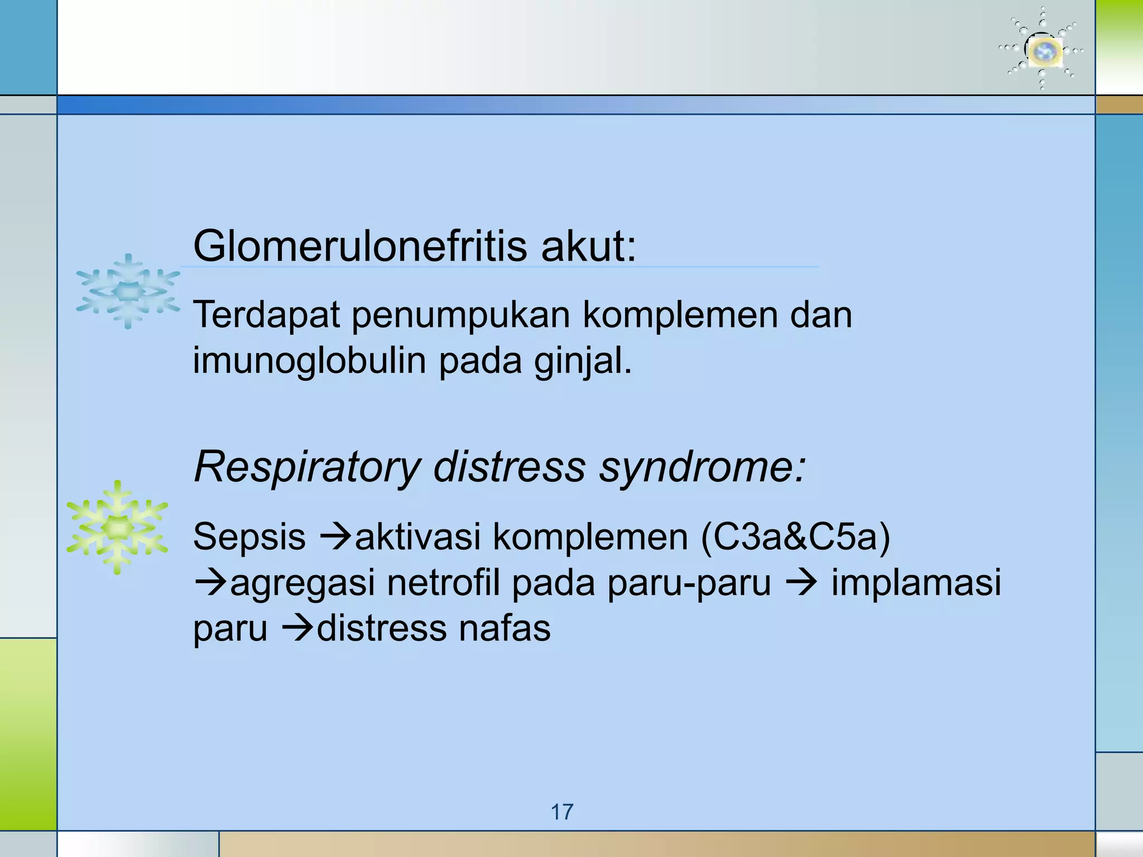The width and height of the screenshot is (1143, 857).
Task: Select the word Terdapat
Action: coord(266,315)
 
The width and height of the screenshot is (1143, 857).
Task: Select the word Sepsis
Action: coord(249,538)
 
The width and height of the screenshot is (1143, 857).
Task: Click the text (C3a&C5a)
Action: coord(795,537)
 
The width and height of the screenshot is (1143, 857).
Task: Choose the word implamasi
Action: coord(916,583)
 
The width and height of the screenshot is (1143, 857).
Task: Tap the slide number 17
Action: coord(562,812)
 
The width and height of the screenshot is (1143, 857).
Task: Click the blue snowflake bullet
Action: coord(128,291)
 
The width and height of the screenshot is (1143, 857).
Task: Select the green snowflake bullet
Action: coord(117,527)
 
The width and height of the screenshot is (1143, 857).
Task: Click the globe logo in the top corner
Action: coord(1042,50)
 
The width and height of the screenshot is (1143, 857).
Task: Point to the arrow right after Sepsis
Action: coord(335,538)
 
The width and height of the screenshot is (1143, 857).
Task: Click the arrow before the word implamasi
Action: coord(801,584)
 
